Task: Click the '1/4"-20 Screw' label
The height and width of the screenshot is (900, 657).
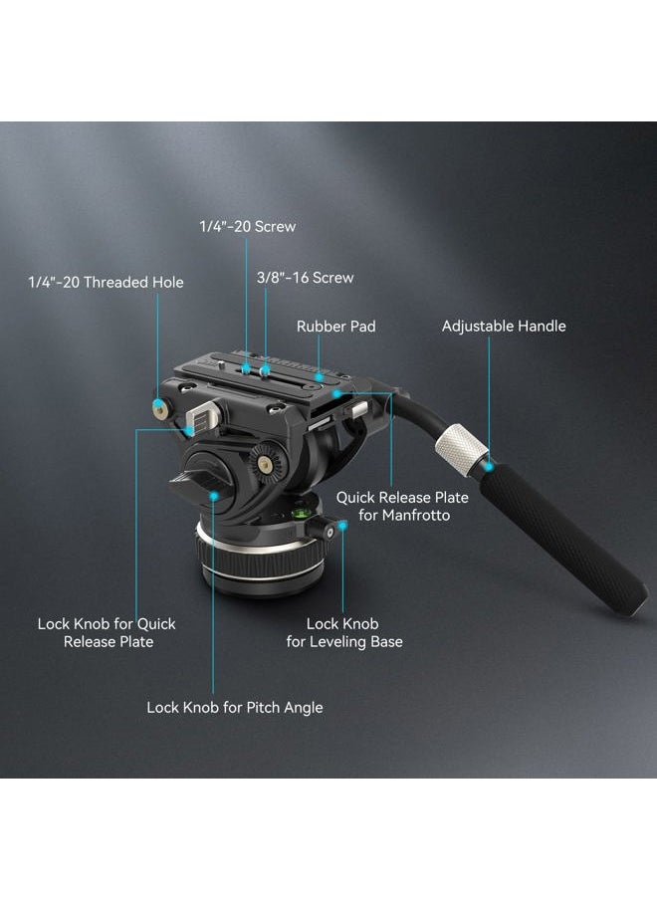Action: [x=247, y=226]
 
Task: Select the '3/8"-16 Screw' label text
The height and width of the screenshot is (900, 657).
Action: [x=305, y=277]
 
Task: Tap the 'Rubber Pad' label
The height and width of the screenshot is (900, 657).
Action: [x=336, y=326]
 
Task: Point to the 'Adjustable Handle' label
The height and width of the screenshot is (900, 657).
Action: [x=504, y=326]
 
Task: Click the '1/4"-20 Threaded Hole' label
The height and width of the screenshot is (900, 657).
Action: [x=107, y=282]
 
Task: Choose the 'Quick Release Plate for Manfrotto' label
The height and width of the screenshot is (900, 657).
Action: [x=402, y=506]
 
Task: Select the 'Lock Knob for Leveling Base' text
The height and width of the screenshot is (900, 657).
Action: [x=344, y=632]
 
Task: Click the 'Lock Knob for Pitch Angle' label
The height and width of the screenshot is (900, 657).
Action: [x=235, y=707]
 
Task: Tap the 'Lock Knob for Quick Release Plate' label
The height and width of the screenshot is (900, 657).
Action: [x=107, y=632]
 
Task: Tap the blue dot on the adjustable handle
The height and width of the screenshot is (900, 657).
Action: [x=489, y=467]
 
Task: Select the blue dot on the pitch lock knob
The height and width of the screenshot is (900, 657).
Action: [x=213, y=496]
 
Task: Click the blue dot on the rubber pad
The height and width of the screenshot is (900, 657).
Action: [x=319, y=377]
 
